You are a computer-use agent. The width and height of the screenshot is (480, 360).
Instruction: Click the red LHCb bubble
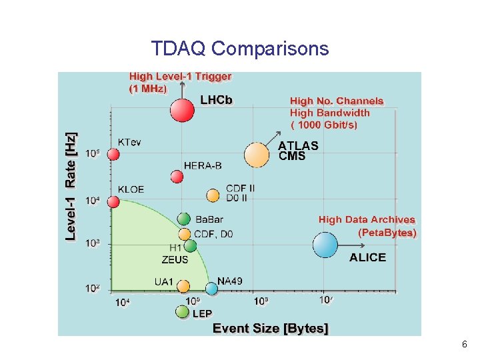point(182,110)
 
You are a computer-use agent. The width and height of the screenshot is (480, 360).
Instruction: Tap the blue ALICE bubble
point(325,245)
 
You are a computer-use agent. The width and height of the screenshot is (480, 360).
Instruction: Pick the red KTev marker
point(113,155)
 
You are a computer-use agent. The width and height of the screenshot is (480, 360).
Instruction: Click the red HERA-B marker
point(177,177)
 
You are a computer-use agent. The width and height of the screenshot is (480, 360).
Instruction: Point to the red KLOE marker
point(113,201)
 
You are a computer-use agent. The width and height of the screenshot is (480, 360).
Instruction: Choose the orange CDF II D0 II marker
point(213,195)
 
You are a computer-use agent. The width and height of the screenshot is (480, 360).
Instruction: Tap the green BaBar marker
point(184,219)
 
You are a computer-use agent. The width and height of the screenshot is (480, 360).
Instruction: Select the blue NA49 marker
point(211,289)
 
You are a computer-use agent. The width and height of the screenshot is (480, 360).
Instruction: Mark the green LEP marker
point(182,311)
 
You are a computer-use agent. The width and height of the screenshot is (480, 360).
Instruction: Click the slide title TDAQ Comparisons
point(239,49)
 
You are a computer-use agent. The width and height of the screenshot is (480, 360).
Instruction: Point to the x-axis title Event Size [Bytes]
point(270,328)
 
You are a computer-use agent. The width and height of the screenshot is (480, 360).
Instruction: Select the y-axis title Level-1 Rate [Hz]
point(71,186)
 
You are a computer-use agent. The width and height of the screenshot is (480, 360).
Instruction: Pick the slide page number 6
point(464,345)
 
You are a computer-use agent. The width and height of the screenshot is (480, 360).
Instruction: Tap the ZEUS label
point(175,259)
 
